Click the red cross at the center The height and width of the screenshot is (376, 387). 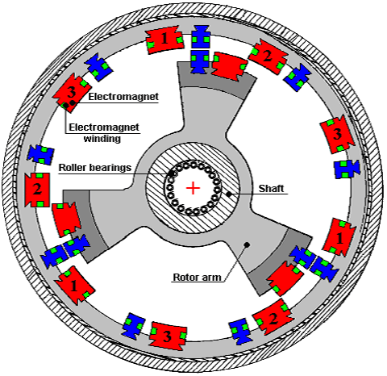coord(193,188)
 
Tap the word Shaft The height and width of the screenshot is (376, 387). coord(271,189)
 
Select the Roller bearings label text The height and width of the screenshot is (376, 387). coord(95,168)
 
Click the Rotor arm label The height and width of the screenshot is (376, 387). coord(197,277)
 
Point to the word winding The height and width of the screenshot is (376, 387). coord(102,139)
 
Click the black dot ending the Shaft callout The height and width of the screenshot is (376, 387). coord(229,194)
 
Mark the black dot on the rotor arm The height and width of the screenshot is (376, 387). coord(247,244)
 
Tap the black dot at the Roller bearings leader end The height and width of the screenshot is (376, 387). coord(171,174)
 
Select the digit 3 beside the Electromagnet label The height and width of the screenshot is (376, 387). coord(71,92)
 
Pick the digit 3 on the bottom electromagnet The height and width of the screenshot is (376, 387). coord(167,336)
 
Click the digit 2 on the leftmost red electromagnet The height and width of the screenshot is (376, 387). coord(37,189)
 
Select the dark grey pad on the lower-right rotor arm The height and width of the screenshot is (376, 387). coord(280,265)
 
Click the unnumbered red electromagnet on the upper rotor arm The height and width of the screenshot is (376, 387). coord(229,66)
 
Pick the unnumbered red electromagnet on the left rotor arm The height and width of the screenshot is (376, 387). coord(66,219)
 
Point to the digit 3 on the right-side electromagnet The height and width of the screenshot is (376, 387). coord(337,134)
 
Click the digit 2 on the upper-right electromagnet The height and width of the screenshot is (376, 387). coord(267,56)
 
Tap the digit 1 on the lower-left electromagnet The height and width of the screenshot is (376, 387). coord(73,285)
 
